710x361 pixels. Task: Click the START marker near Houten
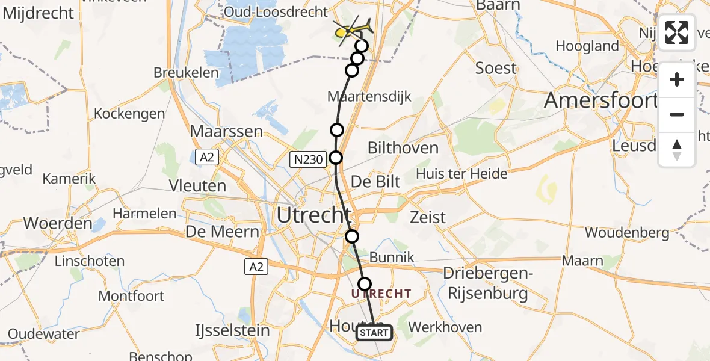[x=374, y=333]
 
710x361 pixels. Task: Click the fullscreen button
[x=677, y=32]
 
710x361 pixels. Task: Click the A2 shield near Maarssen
[x=206, y=157]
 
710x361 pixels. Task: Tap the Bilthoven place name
[x=403, y=148]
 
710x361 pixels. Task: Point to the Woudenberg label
[x=626, y=232]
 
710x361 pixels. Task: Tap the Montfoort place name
[x=131, y=296]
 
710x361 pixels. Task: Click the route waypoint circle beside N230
[x=336, y=158]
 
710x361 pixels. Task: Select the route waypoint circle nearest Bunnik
[x=365, y=284]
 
